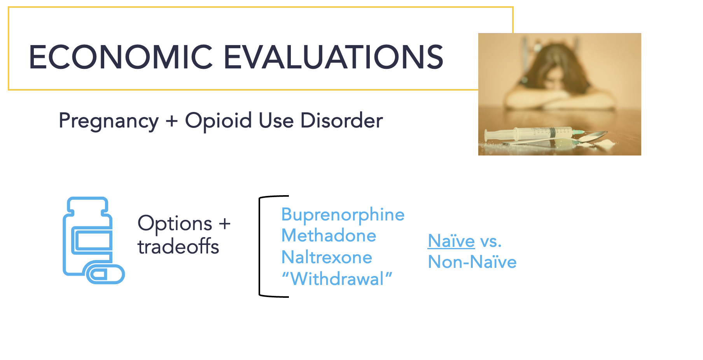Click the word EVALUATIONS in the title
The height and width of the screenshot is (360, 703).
(334, 57)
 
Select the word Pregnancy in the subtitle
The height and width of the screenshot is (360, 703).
(109, 121)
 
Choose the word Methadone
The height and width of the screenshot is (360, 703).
(329, 236)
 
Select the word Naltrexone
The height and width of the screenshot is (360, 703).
(327, 257)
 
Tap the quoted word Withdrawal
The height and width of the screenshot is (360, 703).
(337, 279)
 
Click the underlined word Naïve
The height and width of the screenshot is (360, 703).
(451, 241)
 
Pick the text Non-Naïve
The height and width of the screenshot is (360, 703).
(472, 262)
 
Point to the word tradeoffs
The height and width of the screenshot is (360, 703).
(178, 246)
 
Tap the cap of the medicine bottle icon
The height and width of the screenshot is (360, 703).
(88, 206)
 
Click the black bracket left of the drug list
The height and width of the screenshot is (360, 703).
(260, 246)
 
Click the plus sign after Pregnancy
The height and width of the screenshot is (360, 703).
(172, 121)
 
